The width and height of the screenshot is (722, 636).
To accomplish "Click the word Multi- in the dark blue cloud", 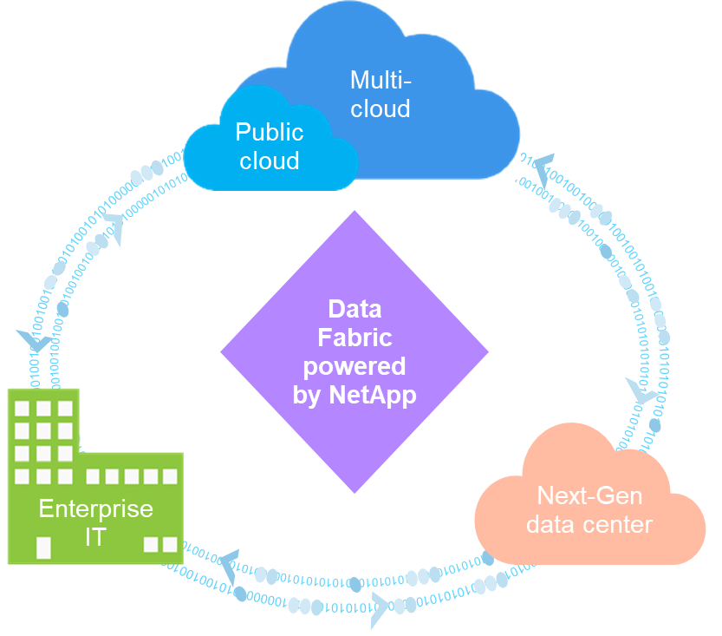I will [x=381, y=81].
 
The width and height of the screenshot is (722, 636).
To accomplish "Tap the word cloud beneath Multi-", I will [x=381, y=109].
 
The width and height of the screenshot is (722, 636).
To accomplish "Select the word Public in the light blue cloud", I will [x=270, y=132].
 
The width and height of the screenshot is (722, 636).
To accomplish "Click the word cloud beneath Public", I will [x=270, y=161].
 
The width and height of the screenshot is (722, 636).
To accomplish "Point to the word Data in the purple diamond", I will [x=354, y=310].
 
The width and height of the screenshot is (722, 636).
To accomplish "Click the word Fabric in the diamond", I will [x=354, y=338].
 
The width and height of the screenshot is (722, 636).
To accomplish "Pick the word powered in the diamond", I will [x=354, y=365].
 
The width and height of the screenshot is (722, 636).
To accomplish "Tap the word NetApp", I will [x=373, y=395].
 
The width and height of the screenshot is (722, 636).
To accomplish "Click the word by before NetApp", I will [x=309, y=395].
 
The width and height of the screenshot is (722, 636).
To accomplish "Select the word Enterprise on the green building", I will [x=95, y=508].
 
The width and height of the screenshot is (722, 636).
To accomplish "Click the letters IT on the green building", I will [x=95, y=537].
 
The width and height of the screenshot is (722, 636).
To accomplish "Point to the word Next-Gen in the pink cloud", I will [x=589, y=495].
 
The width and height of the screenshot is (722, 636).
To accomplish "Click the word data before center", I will [x=551, y=524].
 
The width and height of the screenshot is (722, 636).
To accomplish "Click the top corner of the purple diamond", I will [x=354, y=213].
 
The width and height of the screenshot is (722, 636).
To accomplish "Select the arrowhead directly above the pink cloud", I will [x=641, y=395].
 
